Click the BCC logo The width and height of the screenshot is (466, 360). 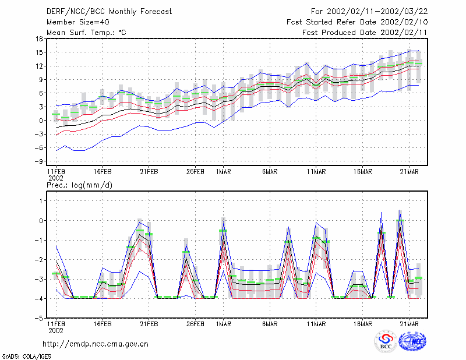(x=386, y=341)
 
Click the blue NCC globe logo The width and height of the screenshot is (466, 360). (x=412, y=341)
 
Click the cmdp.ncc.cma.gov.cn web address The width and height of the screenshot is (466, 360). (x=96, y=344)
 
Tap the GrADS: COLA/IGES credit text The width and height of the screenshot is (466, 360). (x=26, y=357)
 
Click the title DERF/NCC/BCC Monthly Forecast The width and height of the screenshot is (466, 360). (x=109, y=12)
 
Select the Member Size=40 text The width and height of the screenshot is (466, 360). (x=78, y=22)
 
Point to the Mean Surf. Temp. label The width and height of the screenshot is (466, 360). (x=86, y=33)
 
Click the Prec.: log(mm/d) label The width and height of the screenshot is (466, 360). (x=79, y=185)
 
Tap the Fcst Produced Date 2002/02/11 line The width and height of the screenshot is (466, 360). (x=365, y=33)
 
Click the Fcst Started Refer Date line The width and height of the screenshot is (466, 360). (x=357, y=22)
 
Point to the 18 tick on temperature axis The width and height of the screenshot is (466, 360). (x=39, y=38)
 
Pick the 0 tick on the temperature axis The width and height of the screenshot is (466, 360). (x=41, y=121)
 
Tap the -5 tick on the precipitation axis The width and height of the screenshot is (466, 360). (x=39, y=318)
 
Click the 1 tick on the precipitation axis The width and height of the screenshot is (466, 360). (x=41, y=201)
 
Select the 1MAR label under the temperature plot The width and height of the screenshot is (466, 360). (x=224, y=172)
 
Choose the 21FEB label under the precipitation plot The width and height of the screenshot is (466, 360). (x=149, y=324)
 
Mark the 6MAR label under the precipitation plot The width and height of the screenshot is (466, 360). (x=270, y=324)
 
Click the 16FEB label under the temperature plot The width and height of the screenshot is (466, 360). (x=103, y=172)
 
